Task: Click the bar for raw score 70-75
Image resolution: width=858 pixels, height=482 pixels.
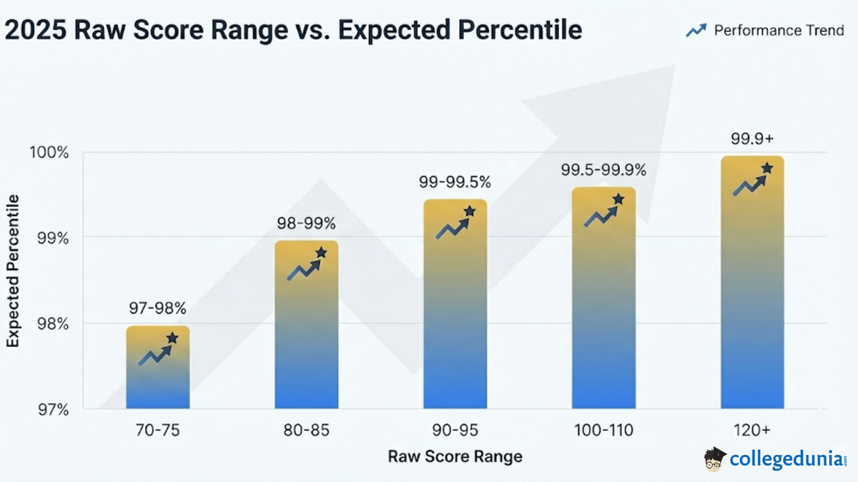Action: click(x=158, y=368)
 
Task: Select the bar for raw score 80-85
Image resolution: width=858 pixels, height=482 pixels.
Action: click(x=306, y=325)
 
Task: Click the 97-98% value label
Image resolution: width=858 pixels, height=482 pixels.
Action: click(x=157, y=308)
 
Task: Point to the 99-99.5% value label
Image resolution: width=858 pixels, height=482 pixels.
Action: click(x=455, y=182)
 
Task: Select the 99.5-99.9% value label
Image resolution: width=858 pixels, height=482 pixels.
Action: click(x=603, y=170)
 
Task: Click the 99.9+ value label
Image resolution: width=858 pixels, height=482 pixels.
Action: click(x=752, y=139)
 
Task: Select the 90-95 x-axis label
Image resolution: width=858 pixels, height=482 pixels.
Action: click(x=455, y=431)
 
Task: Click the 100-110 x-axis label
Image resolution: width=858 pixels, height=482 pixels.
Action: click(x=603, y=431)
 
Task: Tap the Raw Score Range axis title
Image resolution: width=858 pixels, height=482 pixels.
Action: click(x=455, y=456)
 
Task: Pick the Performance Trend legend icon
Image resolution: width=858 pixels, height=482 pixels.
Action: click(x=696, y=30)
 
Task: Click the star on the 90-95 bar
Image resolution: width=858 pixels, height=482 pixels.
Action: click(x=470, y=211)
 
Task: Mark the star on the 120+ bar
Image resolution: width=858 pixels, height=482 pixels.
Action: click(x=767, y=168)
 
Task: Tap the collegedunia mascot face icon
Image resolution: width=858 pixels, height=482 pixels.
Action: click(x=715, y=459)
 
